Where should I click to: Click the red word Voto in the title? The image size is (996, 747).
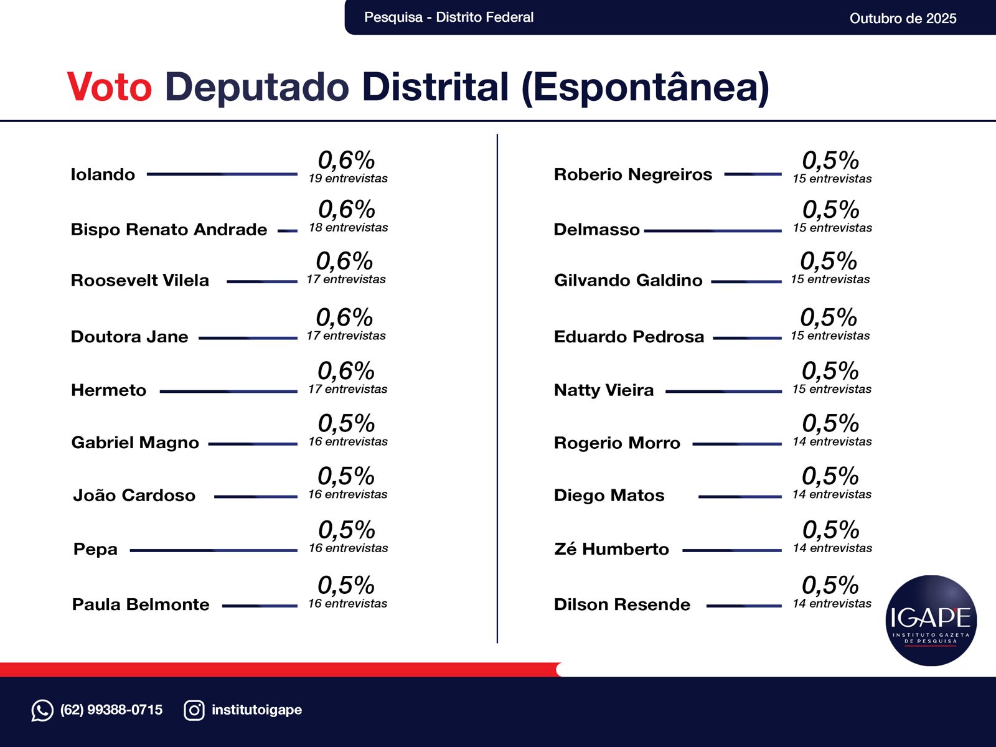pyautogui.click(x=110, y=87)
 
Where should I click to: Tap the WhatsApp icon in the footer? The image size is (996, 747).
pyautogui.click(x=42, y=710)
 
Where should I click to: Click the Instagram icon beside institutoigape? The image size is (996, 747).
pyautogui.click(x=194, y=710)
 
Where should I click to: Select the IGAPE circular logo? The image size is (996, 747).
pyautogui.click(x=931, y=621)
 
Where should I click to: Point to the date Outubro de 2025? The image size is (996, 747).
pyautogui.click(x=903, y=18)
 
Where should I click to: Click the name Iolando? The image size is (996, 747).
pyautogui.click(x=103, y=174)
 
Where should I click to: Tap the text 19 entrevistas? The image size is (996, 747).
pyautogui.click(x=348, y=179)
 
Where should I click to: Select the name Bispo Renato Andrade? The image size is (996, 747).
pyautogui.click(x=169, y=230)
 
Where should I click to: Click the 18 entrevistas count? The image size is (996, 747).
pyautogui.click(x=348, y=228)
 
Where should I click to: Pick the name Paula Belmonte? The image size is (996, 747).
pyautogui.click(x=141, y=604)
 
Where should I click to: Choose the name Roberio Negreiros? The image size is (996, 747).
pyautogui.click(x=632, y=174)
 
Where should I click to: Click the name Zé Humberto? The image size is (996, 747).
pyautogui.click(x=611, y=549)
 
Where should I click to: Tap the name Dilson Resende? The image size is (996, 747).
pyautogui.click(x=622, y=604)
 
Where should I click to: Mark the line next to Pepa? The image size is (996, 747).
pyautogui.click(x=214, y=550)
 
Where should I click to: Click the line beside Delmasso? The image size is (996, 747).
pyautogui.click(x=713, y=231)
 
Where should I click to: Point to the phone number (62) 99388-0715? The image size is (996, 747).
pyautogui.click(x=111, y=710)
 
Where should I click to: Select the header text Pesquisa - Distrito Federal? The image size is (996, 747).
pyautogui.click(x=449, y=17)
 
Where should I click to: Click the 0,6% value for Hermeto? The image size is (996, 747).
pyautogui.click(x=346, y=371)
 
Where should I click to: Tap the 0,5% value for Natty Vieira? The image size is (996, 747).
pyautogui.click(x=830, y=371)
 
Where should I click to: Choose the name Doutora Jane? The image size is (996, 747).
pyautogui.click(x=129, y=337)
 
